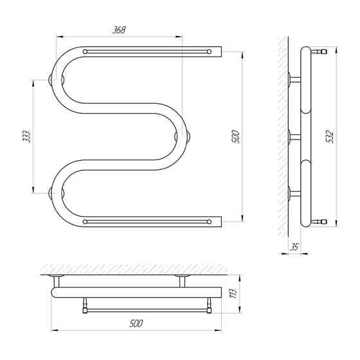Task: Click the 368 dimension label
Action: point(119,30)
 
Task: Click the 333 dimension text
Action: point(26,136)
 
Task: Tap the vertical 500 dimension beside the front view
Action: point(236,136)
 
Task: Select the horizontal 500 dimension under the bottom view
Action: point(136,323)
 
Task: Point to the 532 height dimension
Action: point(330,136)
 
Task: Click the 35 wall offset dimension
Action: point(294,247)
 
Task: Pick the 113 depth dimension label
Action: point(233,294)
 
